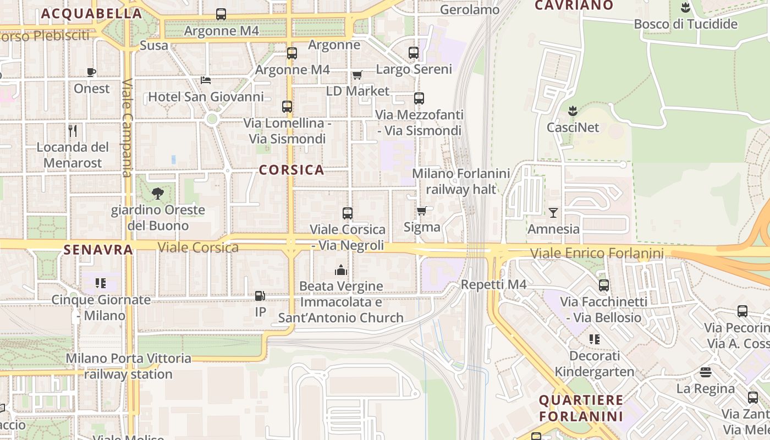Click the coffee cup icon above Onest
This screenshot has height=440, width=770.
pyautogui.click(x=91, y=72)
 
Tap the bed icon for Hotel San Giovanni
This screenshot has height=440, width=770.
pyautogui.click(x=206, y=80)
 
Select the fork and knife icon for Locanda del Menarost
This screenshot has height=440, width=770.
pyautogui.click(x=73, y=130)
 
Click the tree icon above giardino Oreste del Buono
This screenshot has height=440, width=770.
pyautogui.click(x=158, y=193)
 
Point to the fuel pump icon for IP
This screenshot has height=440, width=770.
pyautogui.click(x=260, y=296)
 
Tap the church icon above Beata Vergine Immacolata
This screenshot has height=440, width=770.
pyautogui.click(x=341, y=270)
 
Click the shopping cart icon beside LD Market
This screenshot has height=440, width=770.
pyautogui.click(x=358, y=75)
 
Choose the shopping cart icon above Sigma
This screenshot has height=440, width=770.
pyautogui.click(x=422, y=211)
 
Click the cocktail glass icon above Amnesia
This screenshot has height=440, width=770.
pyautogui.click(x=553, y=212)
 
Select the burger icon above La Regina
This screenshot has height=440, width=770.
pyautogui.click(x=706, y=372)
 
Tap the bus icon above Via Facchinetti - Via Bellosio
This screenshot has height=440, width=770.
pyautogui.click(x=604, y=285)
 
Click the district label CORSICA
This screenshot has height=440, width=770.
pyautogui.click(x=291, y=170)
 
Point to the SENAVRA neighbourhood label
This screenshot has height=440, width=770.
pyautogui.click(x=98, y=250)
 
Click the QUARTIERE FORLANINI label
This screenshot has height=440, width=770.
pyautogui.click(x=581, y=408)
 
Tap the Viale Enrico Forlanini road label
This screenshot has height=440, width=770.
pyautogui.click(x=597, y=254)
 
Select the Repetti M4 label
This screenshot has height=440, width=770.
pyautogui.click(x=493, y=284)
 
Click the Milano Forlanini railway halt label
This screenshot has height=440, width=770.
pyautogui.click(x=461, y=182)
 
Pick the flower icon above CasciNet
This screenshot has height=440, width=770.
pyautogui.click(x=573, y=111)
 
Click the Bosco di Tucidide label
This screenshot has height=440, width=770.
pyautogui.click(x=685, y=24)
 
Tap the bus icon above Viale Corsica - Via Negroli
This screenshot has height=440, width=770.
pyautogui.click(x=348, y=213)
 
